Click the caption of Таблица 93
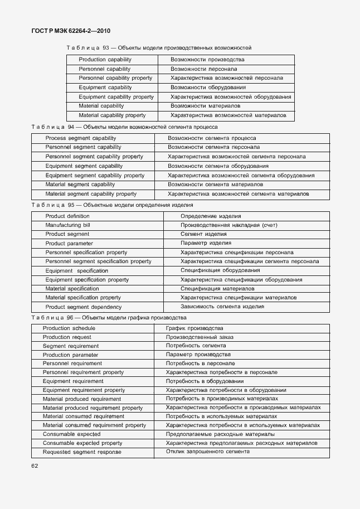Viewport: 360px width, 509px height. [x=159, y=48]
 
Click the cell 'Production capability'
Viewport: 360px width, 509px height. [x=105, y=59]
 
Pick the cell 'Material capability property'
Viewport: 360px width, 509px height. [x=112, y=115]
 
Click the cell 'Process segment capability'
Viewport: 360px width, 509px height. [x=81, y=138]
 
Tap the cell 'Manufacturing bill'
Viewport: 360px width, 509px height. [x=68, y=225]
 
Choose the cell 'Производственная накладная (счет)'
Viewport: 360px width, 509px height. [x=228, y=225]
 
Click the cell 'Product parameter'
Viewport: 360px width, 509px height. [x=69, y=244]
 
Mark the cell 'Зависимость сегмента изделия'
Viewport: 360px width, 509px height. [x=222, y=307]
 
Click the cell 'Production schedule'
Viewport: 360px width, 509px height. [x=69, y=328]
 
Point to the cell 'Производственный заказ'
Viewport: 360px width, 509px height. [x=200, y=337]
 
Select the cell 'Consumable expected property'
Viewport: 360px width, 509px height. [x=82, y=443]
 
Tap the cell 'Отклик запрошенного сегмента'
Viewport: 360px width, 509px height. [x=207, y=452]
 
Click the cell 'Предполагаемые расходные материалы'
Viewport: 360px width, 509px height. [x=220, y=434]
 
